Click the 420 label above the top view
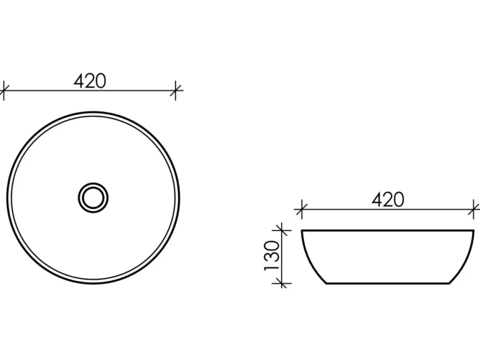tap(90, 81)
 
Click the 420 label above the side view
tap(388, 200)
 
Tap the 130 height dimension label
tap(272, 256)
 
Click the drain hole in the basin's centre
tap(93, 198)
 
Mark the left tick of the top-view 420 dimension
tap(3, 90)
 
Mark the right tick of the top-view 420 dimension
tap(175, 90)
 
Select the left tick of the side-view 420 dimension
tap(301, 210)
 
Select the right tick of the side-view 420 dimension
tap(474, 210)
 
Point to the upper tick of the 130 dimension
tap(282, 230)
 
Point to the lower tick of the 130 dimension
tap(282, 283)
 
